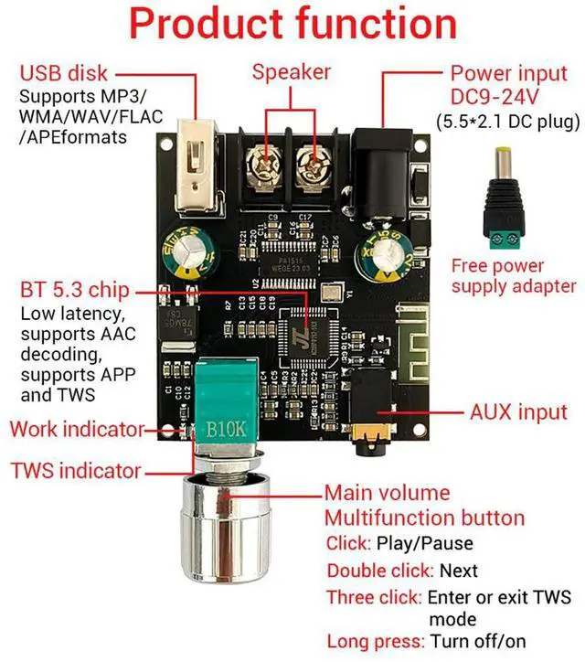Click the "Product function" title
pyautogui.click(x=292, y=25)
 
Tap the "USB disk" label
pyautogui.click(x=64, y=73)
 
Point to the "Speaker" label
pyautogui.click(x=292, y=71)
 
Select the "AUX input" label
pyautogui.click(x=517, y=412)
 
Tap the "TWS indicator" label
pyautogui.click(x=76, y=472)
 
